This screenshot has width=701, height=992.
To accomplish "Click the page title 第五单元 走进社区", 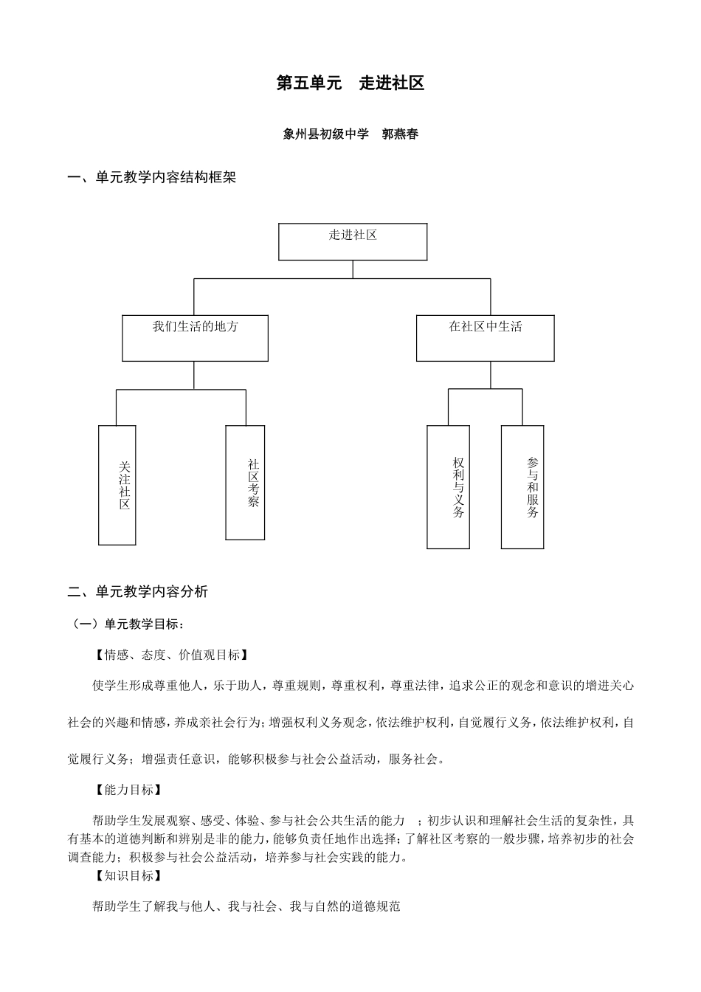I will (x=350, y=83).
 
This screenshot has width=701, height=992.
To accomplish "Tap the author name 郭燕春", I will (x=401, y=134).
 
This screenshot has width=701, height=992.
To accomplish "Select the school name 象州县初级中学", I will (x=325, y=134).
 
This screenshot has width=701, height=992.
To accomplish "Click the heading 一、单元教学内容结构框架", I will (x=151, y=178).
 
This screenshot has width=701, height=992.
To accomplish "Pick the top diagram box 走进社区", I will (x=353, y=242).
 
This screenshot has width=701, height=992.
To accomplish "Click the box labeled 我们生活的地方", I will (x=195, y=339).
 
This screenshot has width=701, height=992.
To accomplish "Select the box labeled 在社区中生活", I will (x=485, y=339).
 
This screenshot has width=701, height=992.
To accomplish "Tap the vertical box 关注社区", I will (x=117, y=485).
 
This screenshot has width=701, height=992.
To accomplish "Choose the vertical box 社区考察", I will (x=245, y=483).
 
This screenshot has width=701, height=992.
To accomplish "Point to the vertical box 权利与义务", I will (x=448, y=487).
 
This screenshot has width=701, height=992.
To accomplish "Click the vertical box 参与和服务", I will (x=522, y=487).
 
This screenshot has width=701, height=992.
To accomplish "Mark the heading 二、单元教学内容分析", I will (x=138, y=592).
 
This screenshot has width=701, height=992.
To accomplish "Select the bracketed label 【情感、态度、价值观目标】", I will (x=170, y=655).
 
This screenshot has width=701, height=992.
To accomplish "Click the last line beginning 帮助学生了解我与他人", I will (x=246, y=906).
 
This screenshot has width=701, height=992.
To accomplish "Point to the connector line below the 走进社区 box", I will (x=353, y=269).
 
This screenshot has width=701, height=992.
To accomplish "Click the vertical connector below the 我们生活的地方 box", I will (x=194, y=375).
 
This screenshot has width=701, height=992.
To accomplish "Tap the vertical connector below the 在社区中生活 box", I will (x=490, y=375).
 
